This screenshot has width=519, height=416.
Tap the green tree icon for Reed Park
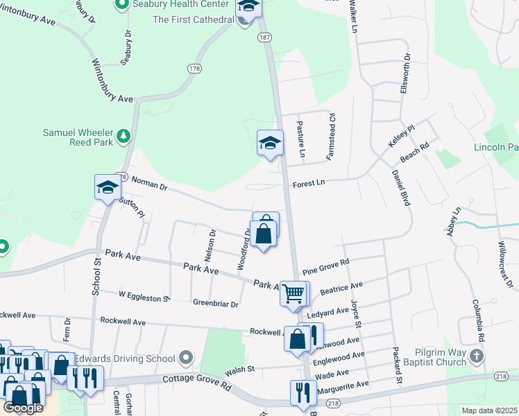[124, 135]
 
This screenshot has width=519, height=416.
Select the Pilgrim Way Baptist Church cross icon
[476, 356]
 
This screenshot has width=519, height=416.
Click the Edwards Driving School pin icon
[185, 358]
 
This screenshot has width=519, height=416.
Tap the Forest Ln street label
[309, 182]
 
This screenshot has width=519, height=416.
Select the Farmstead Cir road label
[332, 134]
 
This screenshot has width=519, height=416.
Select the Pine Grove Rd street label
[325, 265]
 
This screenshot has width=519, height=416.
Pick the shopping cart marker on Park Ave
[293, 293]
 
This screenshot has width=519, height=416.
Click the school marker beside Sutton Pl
[108, 187]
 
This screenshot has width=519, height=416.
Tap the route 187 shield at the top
[264, 36]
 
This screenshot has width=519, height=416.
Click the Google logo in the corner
[23, 408]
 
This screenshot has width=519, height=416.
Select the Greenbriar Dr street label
[215, 304]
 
